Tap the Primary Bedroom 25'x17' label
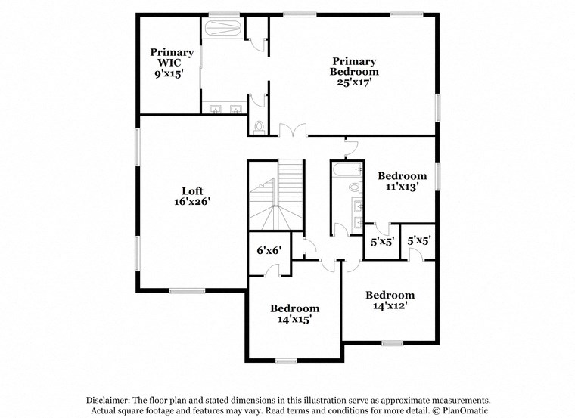click(354, 72)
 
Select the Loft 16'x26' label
click(191, 197)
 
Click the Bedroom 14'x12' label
click(390, 300)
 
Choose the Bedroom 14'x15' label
click(294, 314)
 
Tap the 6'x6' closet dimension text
click(268, 250)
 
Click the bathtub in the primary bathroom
click(222, 29)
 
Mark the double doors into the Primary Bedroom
click(291, 131)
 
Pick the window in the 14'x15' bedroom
click(286, 361)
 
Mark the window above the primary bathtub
click(224, 14)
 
